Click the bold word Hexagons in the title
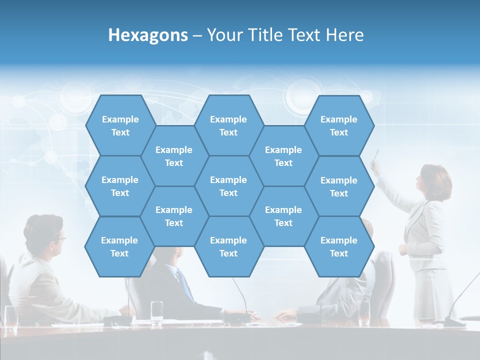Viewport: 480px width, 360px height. tap(148, 35)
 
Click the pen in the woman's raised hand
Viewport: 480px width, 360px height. tap(376, 154)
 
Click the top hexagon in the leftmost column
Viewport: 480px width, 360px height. tap(120, 125)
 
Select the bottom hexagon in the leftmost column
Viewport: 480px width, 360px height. tap(119, 246)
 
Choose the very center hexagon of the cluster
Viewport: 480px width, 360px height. tap(228, 186)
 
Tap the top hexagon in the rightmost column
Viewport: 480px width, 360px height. tap(339, 125)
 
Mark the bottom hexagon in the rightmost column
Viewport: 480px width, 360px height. tap(339, 246)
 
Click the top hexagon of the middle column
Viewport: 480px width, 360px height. tap(228, 125)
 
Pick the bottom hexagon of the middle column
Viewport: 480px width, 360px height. tap(228, 246)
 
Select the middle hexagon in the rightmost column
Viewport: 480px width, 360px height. tap(339, 186)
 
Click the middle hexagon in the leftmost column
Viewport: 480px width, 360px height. tap(120, 186)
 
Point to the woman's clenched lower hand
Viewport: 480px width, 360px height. tap(402, 249)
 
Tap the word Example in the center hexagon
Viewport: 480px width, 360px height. tap(228, 180)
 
